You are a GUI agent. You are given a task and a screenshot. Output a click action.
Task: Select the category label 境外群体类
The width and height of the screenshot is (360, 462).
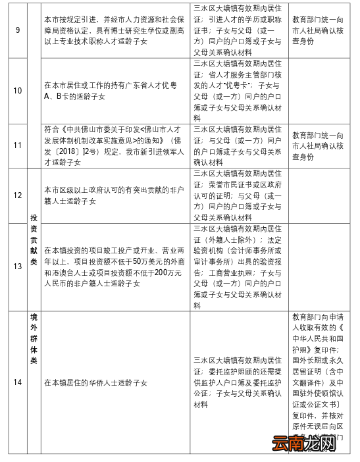pos(34,339)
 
